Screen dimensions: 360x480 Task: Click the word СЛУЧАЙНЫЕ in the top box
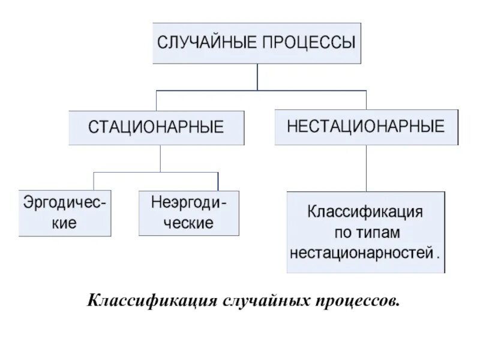coord(200,43)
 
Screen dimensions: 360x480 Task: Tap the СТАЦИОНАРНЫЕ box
coord(156,127)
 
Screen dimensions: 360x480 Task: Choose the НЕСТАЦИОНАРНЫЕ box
coord(366,127)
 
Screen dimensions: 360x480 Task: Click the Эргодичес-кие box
coord(65,212)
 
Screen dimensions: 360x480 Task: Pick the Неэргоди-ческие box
coord(189,212)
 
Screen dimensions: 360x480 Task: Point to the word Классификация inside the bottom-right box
coord(365,212)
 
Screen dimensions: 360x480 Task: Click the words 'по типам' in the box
coord(365,232)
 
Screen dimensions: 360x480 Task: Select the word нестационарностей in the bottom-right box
coord(361,252)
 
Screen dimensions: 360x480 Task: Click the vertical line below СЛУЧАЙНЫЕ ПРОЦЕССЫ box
coord(257,77)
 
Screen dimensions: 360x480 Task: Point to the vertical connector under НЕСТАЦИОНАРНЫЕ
coord(366,168)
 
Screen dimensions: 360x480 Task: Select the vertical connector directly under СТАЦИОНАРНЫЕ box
coord(160,158)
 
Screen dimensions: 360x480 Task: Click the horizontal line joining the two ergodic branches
coord(156,172)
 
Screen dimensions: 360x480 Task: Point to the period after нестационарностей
coord(439,254)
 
